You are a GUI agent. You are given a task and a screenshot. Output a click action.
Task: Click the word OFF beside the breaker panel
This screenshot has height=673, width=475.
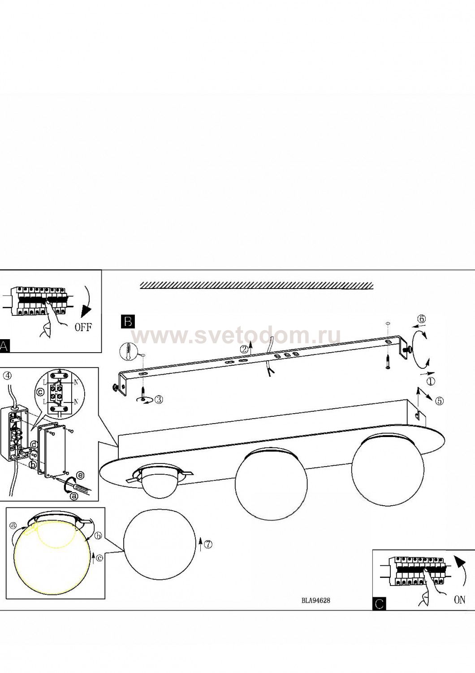coord(83,327)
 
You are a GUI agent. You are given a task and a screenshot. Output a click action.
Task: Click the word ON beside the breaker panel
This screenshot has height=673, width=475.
coord(459,600)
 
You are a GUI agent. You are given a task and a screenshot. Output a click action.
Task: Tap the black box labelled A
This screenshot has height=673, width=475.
coord(4,346)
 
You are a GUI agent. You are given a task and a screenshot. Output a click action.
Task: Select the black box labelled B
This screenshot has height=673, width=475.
coord(128,322)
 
